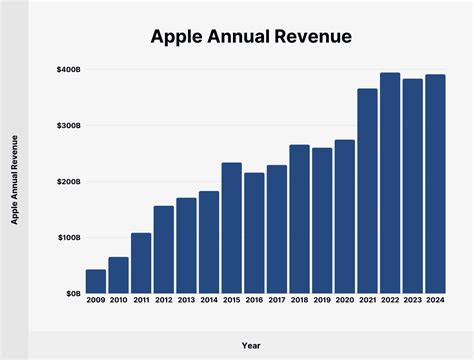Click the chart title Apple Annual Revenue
tap(250, 37)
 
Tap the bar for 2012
tap(164, 249)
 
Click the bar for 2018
tap(299, 219)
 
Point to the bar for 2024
tap(435, 184)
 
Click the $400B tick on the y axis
tap(68, 70)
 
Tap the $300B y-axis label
tap(68, 126)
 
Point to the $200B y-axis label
tap(68, 182)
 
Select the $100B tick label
tap(68, 238)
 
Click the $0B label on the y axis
tap(72, 294)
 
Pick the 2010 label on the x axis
tap(119, 301)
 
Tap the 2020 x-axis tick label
tap(344, 301)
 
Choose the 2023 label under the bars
tap(412, 301)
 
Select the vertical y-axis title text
tap(15, 180)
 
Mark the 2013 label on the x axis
tap(186, 301)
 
